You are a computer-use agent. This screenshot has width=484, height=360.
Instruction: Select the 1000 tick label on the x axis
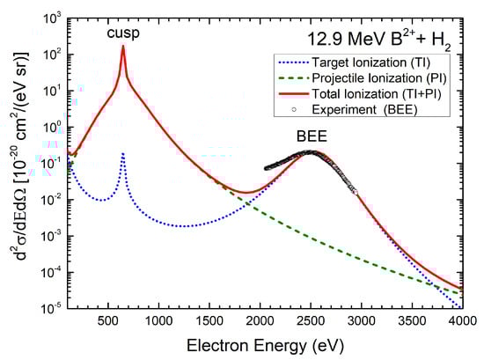(x=158, y=321)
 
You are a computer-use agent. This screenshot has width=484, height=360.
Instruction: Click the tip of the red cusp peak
(x=122, y=47)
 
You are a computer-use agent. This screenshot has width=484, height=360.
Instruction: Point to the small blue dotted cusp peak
(x=122, y=154)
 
